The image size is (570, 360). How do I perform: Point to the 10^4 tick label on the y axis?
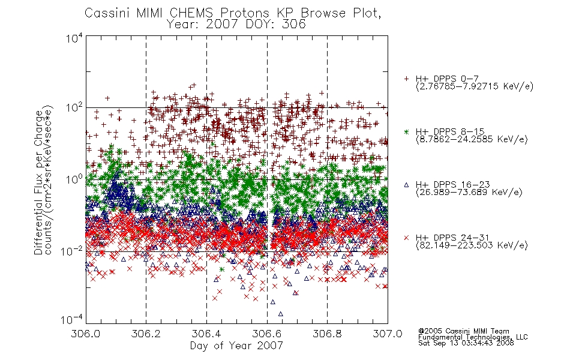74,38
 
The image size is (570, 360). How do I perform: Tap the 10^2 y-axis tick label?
74,108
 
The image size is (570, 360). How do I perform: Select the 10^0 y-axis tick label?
74,179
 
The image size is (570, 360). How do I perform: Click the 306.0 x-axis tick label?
86,334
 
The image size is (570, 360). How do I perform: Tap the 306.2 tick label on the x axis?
146,334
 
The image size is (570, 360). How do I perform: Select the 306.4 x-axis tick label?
206,334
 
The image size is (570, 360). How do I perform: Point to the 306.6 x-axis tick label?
267,334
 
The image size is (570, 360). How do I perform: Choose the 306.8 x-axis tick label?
327,334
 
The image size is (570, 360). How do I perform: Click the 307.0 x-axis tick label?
388,334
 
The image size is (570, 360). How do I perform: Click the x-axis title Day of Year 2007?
236,346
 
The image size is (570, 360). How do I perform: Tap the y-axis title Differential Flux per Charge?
38,182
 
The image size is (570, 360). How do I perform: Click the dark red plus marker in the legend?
406,79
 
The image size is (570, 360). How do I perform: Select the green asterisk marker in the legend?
406,132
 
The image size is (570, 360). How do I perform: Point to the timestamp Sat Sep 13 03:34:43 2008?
466,343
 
